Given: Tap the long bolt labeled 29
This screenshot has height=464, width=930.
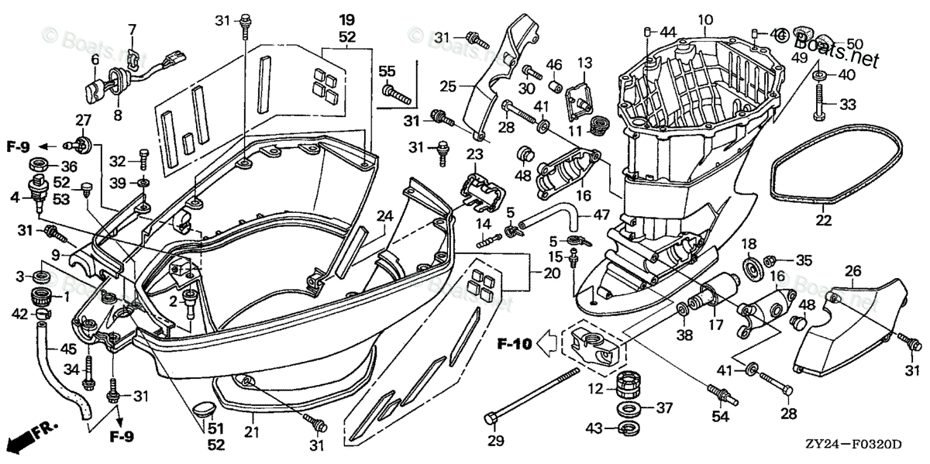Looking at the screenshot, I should [535, 396].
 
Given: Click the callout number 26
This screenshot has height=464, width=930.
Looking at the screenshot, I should [852, 271].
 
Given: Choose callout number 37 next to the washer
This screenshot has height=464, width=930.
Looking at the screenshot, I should [665, 408].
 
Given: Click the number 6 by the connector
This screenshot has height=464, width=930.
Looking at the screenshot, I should [95, 59].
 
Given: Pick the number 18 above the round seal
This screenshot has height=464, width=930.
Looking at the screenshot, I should [749, 245].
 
